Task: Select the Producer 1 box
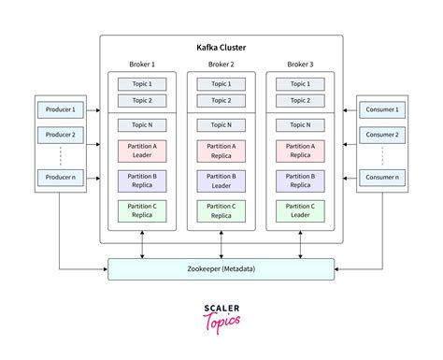point(60,110)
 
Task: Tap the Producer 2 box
point(60,135)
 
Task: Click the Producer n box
point(60,176)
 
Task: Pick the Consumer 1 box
point(383,110)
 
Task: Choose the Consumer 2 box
point(383,135)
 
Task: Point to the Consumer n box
point(383,176)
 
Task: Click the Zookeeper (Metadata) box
point(221,269)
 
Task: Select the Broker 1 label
point(142,65)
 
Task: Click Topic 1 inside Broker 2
point(221,83)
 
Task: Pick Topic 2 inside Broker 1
point(142,100)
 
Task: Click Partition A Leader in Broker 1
point(142,150)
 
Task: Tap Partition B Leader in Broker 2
point(221,180)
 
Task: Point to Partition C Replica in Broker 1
point(142,210)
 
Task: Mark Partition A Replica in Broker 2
point(221,150)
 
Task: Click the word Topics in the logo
point(222,321)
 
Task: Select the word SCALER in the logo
point(221,306)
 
